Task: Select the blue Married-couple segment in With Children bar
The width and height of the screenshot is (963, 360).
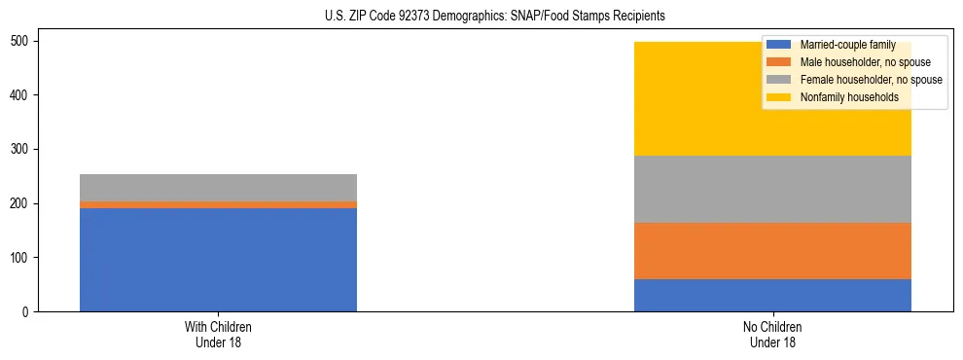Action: pos(218,260)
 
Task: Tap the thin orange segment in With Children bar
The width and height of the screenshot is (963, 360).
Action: pos(218,204)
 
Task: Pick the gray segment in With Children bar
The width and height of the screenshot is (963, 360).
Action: pos(218,188)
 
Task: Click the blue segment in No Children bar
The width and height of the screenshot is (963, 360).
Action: pos(772,295)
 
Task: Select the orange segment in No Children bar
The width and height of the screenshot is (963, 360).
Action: pos(772,251)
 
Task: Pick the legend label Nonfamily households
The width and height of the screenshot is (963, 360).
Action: pos(842,97)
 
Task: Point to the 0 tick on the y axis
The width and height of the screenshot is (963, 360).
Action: pos(28,311)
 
